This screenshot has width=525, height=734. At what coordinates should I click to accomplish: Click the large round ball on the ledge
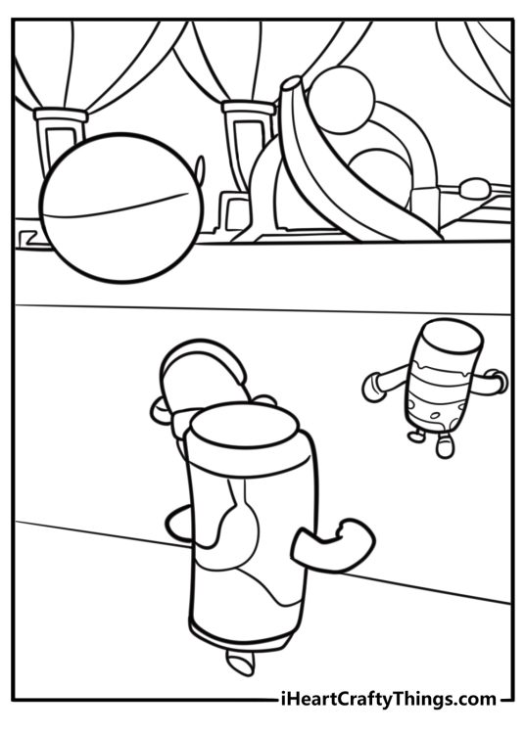(x=121, y=207)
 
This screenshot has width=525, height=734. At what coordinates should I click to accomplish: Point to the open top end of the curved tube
(x=291, y=84)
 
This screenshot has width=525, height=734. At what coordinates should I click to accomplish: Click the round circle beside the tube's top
(x=342, y=100)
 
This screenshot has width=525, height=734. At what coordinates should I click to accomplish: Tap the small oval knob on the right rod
(x=474, y=188)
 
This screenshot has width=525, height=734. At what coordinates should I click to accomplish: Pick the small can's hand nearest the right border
(x=498, y=381)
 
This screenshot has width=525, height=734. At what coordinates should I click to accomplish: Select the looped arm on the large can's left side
(x=180, y=527)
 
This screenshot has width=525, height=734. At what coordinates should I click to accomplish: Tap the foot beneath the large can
(x=240, y=662)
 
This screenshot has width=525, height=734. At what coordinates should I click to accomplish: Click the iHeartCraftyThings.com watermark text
(x=387, y=699)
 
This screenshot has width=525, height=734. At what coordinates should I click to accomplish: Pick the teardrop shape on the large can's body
(x=240, y=533)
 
